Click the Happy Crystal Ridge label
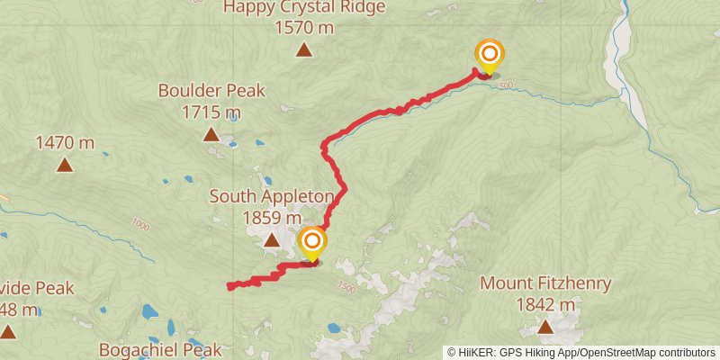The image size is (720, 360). pyautogui.click(x=304, y=8)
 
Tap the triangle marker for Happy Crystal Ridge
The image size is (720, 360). pyautogui.click(x=304, y=50)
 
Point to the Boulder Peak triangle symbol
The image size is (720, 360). pyautogui.click(x=211, y=135)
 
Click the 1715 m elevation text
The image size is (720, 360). pyautogui.click(x=211, y=112)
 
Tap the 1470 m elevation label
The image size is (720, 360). pyautogui.click(x=65, y=142)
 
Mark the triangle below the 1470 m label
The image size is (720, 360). pyautogui.click(x=65, y=165)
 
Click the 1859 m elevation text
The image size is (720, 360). pyautogui.click(x=272, y=217)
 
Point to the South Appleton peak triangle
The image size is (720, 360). pyautogui.click(x=272, y=239)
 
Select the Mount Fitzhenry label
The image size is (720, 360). pyautogui.click(x=545, y=283)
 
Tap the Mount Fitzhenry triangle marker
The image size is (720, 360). pyautogui.click(x=545, y=328)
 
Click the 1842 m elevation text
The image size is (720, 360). pyautogui.click(x=545, y=305)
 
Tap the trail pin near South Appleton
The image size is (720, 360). pyautogui.click(x=312, y=244)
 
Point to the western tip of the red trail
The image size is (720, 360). pyautogui.click(x=230, y=287)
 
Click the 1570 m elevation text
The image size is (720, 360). pyautogui.click(x=304, y=28)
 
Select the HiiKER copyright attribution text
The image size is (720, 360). pyautogui.click(x=581, y=353)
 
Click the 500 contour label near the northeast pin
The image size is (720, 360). pyautogui.click(x=506, y=85)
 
